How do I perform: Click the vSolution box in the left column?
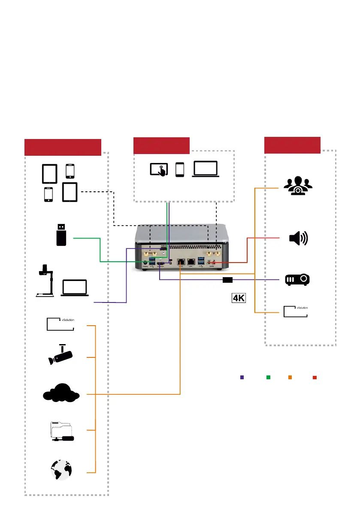(x=61, y=324)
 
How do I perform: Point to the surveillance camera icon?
(x=61, y=354)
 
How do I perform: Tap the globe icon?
(x=61, y=469)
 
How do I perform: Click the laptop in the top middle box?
(x=206, y=169)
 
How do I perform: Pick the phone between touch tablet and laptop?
(x=180, y=169)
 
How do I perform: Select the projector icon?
(x=297, y=280)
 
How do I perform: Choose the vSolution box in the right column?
(x=296, y=311)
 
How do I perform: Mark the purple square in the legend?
(x=242, y=378)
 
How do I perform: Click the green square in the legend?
(x=268, y=378)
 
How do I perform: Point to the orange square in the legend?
(x=290, y=378)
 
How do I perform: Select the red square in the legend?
(x=315, y=378)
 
